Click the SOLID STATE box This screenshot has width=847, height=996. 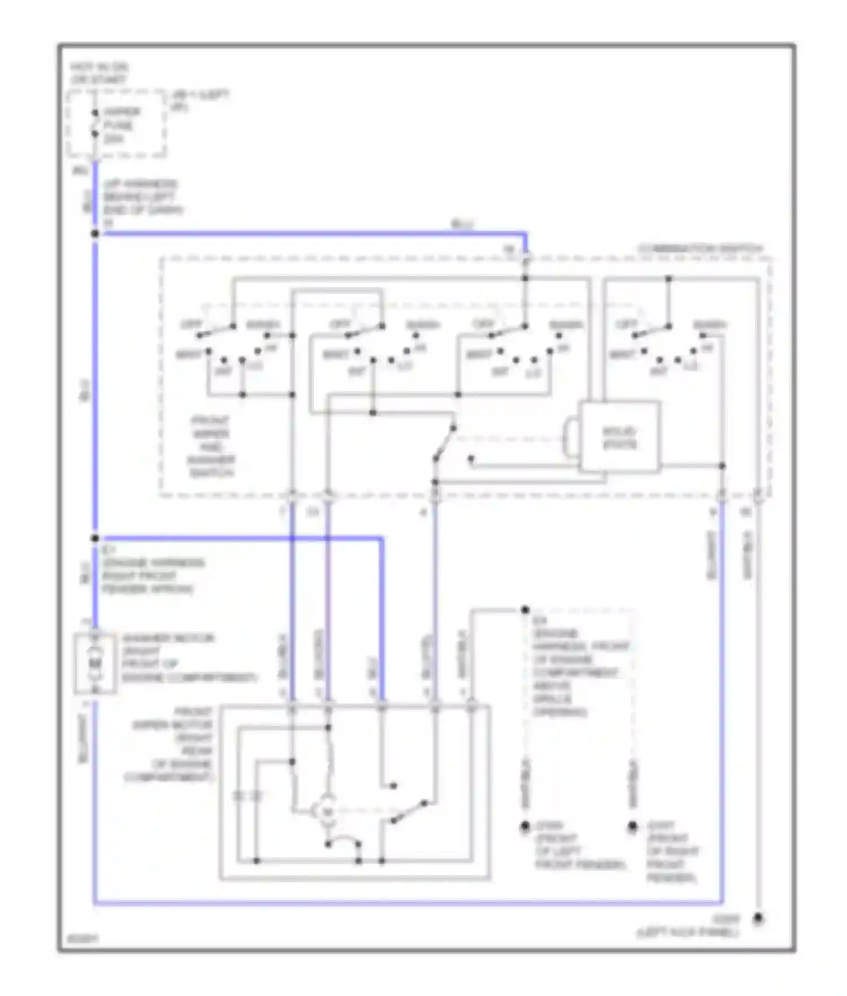coord(619,437)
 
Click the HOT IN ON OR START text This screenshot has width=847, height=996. coord(99,73)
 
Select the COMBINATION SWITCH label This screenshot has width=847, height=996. coord(701,249)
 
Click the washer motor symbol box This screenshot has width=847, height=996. coord(95,663)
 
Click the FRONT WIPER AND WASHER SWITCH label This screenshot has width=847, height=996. coord(211,447)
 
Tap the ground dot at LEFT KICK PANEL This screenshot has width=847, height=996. coord(758,919)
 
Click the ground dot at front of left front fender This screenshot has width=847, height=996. coord(525,826)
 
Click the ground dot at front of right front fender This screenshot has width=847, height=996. coord(633,826)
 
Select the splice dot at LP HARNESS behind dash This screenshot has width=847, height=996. coord(95,233)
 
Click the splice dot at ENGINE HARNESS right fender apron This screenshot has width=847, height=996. coord(95,538)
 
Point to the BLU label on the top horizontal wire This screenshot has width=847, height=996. coord(462,224)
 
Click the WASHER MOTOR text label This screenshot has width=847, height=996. coord(168,638)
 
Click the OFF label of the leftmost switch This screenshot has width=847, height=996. coord(191,324)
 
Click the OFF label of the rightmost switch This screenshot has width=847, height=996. coord(626,324)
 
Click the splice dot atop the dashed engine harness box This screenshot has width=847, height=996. coord(525,609)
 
